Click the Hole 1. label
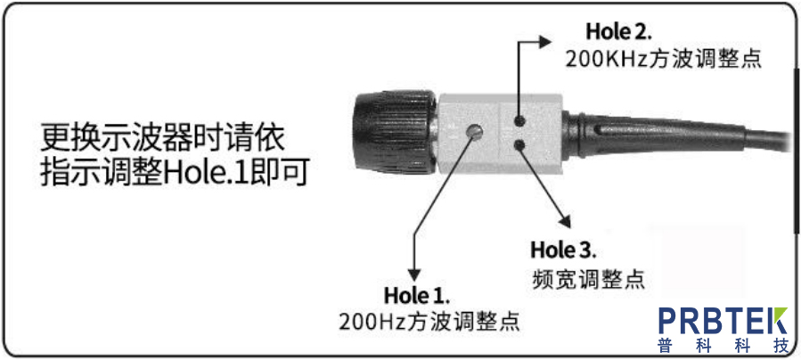click(x=417, y=294)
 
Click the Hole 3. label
click(x=563, y=249)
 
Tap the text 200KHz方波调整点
click(x=666, y=59)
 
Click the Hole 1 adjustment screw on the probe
click(x=476, y=132)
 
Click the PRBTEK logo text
click(x=723, y=320)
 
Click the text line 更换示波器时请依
click(x=161, y=138)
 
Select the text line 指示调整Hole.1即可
click(x=175, y=173)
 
